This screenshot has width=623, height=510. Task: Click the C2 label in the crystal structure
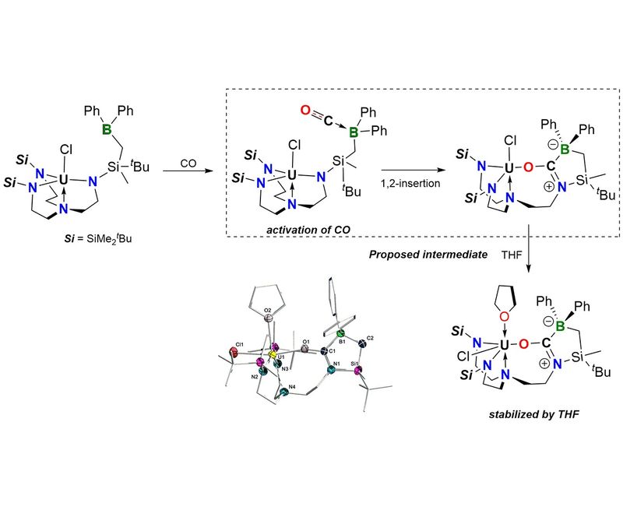coord(370,339)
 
